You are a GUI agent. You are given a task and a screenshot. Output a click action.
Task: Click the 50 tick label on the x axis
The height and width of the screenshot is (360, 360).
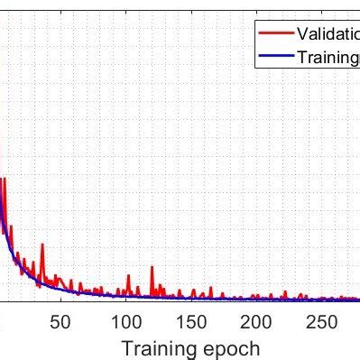pyautogui.click(x=60, y=322)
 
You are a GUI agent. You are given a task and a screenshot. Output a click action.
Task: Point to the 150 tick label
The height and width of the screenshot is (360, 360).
pyautogui.click(x=190, y=322)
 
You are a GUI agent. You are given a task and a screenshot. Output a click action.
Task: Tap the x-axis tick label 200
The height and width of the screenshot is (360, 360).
pyautogui.click(x=256, y=322)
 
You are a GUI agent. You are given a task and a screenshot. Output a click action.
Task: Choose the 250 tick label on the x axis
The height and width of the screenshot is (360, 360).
pyautogui.click(x=321, y=322)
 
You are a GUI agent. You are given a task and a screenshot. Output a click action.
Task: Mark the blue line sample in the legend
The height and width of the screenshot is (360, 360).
pyautogui.click(x=273, y=57)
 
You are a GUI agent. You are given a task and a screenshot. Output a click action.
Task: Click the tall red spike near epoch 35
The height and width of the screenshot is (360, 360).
pyautogui.click(x=42, y=246)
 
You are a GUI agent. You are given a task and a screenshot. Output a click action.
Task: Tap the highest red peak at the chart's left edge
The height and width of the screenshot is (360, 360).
pyautogui.click(x=3, y=179)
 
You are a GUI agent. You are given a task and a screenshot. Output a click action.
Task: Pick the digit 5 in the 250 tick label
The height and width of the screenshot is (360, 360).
pyautogui.click(x=321, y=322)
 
